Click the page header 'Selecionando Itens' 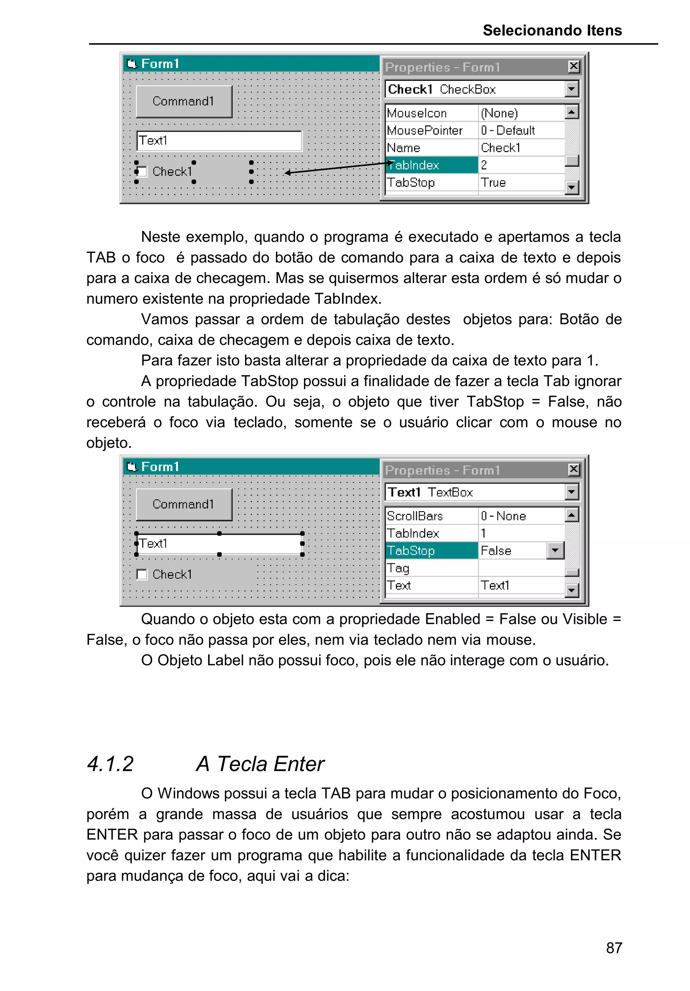tap(552, 30)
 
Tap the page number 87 tap(614, 948)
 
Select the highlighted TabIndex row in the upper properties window tap(431, 165)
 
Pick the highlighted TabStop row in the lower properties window tap(431, 551)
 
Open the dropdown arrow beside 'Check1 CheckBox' tap(571, 89)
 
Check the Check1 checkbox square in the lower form tap(142, 575)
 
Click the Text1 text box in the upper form tap(219, 141)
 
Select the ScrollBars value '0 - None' tap(503, 516)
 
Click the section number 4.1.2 tap(110, 764)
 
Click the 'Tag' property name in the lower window tap(398, 568)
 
